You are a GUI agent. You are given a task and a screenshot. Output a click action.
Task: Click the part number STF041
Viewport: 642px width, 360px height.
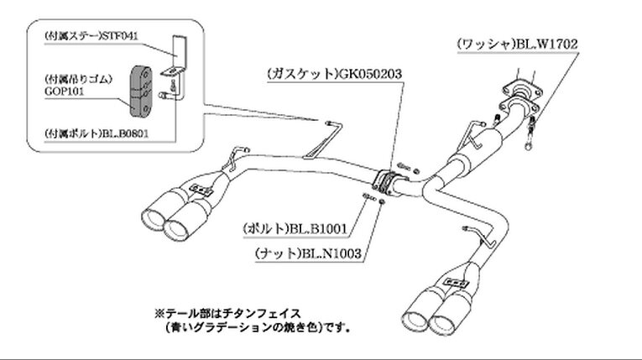(119, 36)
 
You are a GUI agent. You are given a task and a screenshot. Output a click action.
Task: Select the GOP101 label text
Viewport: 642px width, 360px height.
(65, 91)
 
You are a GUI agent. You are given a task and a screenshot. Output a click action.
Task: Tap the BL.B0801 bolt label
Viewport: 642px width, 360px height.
(125, 133)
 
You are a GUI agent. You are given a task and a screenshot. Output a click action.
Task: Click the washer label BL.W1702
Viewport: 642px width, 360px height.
(546, 44)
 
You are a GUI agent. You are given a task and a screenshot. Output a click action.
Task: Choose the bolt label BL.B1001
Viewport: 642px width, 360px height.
(318, 228)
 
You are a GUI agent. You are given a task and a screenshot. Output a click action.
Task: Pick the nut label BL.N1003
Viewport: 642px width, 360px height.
(331, 253)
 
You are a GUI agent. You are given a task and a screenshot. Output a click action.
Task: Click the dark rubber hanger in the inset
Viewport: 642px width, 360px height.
(141, 90)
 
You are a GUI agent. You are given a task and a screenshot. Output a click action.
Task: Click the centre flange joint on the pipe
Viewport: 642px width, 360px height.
(385, 183)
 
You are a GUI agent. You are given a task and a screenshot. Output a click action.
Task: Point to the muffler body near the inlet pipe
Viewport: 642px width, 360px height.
(476, 153)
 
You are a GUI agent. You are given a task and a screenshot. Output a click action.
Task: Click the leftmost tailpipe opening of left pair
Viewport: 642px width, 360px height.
(152, 219)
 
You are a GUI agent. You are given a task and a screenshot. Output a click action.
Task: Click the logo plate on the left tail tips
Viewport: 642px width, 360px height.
(201, 189)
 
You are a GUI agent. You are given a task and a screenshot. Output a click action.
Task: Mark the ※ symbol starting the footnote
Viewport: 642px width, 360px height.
(159, 314)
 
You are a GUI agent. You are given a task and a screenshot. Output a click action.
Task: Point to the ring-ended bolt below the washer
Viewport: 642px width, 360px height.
(530, 134)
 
